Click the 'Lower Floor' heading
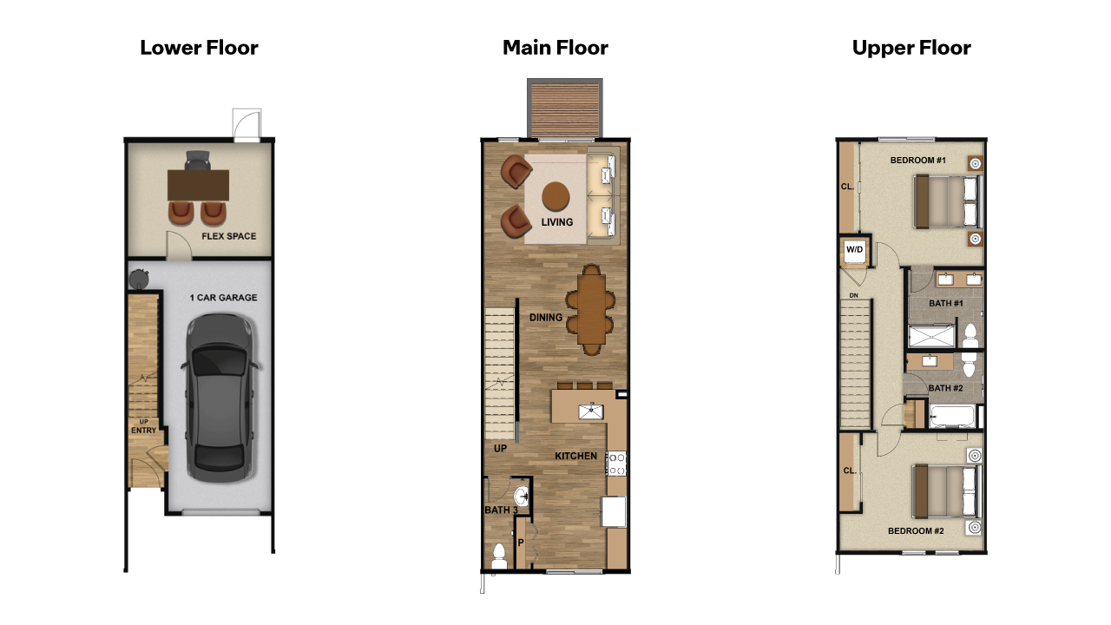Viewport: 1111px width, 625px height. tap(199, 48)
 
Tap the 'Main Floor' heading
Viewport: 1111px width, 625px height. tap(555, 48)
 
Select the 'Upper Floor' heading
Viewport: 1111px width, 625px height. tap(911, 48)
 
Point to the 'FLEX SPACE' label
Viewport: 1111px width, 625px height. tap(228, 236)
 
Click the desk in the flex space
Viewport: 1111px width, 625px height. tap(199, 184)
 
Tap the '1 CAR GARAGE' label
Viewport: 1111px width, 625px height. tap(223, 298)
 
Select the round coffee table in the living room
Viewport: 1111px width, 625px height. tap(556, 196)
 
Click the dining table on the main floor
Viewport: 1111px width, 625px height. tap(590, 310)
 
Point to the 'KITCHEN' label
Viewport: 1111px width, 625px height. tap(576, 456)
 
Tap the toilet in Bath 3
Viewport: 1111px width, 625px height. tap(499, 556)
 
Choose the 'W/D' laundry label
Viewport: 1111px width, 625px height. tap(855, 250)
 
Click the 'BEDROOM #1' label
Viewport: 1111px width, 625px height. tap(917, 161)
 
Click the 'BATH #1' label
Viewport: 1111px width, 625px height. tap(946, 303)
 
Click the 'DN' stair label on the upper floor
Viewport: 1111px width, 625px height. tap(854, 295)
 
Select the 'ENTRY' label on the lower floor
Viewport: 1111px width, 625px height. tap(143, 431)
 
